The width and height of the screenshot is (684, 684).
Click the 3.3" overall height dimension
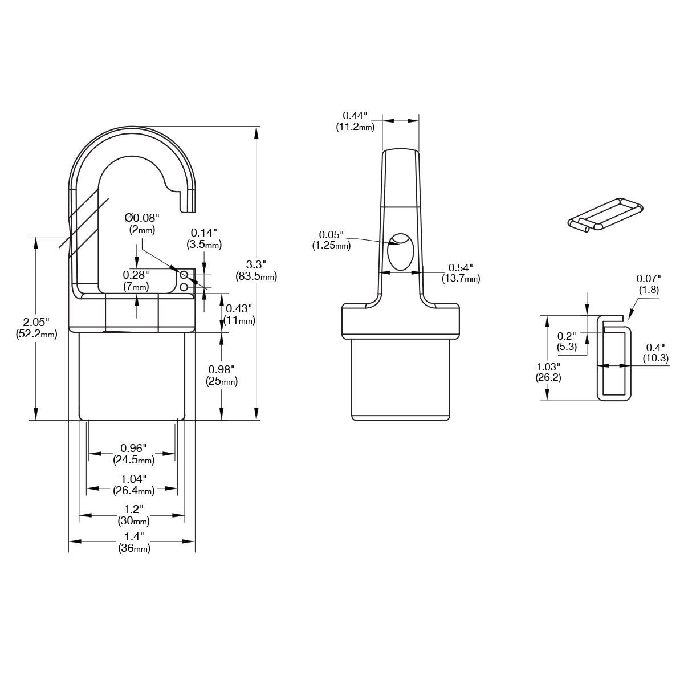[256, 270]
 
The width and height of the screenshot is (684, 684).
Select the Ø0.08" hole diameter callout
[142, 223]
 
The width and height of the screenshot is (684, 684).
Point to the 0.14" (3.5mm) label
[204, 238]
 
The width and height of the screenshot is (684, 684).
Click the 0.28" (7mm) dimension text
[136, 280]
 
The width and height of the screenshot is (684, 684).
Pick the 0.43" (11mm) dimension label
[239, 315]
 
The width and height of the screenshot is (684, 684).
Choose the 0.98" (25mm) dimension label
[222, 375]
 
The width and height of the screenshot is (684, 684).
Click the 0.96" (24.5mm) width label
[134, 454]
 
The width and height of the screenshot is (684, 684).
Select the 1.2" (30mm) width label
[133, 515]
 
